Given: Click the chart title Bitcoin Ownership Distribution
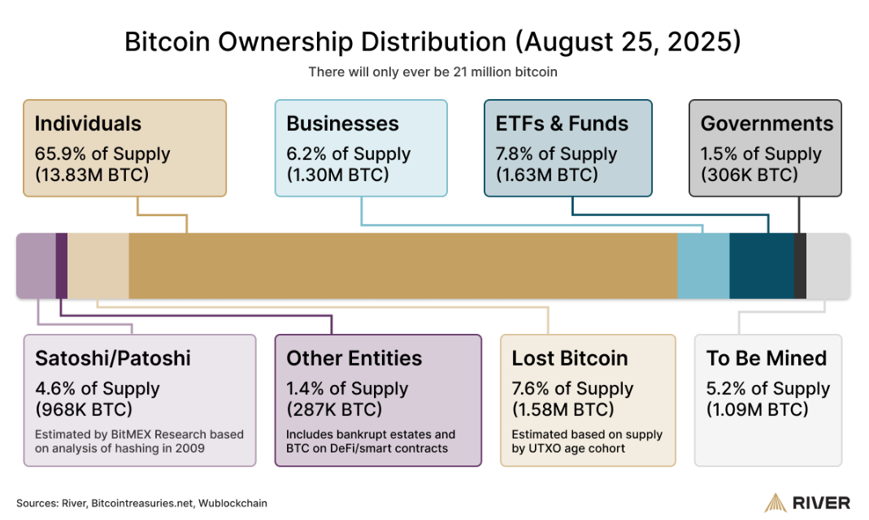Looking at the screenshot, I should pos(432,41).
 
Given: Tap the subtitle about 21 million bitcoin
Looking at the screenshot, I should pos(432,71).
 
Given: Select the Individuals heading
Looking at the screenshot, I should pos(88,123).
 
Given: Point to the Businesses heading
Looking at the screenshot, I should pos(342,123).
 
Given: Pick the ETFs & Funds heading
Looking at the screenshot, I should pos(562,123).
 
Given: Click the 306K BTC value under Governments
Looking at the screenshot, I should pos(749,175).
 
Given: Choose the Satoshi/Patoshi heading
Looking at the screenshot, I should pos(112,358).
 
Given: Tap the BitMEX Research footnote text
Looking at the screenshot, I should pos(139,441).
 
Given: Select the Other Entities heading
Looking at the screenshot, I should pos(354,358).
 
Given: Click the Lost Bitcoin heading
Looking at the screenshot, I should pos(569,358).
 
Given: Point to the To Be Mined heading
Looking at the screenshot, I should pos(766,358).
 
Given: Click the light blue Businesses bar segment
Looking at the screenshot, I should pos(703,266).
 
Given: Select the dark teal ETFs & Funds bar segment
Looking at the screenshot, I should pos(761,266).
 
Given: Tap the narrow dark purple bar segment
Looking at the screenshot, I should pos(62,266).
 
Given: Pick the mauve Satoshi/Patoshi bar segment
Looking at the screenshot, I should pos(36,266).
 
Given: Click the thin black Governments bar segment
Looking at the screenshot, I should pos(800,266).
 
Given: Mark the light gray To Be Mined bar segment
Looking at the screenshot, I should pos(828,266).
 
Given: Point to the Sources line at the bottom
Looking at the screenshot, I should pos(141,503).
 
